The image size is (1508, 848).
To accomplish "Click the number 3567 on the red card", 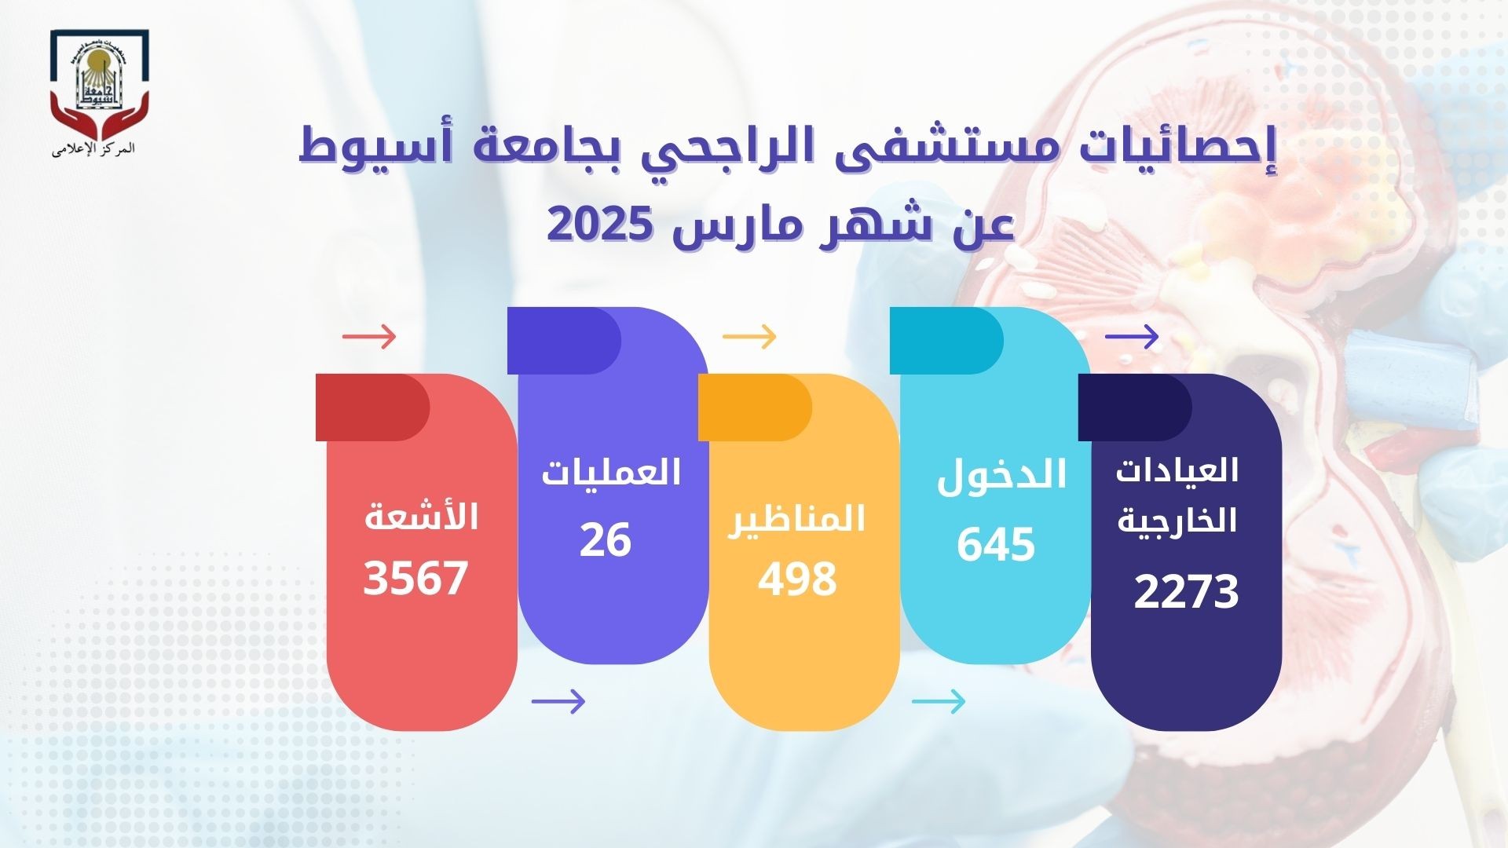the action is tap(415, 578).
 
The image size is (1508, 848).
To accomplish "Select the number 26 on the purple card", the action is tap(606, 539).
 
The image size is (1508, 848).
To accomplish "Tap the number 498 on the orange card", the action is tap(797, 579).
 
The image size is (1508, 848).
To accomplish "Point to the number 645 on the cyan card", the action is tap(996, 544).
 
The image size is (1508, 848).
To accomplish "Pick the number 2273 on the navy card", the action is tap(1186, 591).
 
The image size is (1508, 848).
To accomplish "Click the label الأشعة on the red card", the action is tap(421, 517).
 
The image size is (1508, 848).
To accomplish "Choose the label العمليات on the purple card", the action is tap(611, 473).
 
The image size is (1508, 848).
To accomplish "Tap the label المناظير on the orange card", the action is tap(796, 519).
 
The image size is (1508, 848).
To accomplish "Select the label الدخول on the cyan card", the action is tap(1001, 475).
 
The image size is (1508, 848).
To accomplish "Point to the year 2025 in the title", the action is tap(599, 225).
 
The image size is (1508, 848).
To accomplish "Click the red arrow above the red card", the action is tap(369, 337).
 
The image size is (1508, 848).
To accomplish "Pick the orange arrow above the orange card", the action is tap(749, 337).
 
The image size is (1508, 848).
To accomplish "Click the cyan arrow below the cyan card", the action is tap(939, 701).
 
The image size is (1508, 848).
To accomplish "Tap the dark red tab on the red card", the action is tap(372, 407).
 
